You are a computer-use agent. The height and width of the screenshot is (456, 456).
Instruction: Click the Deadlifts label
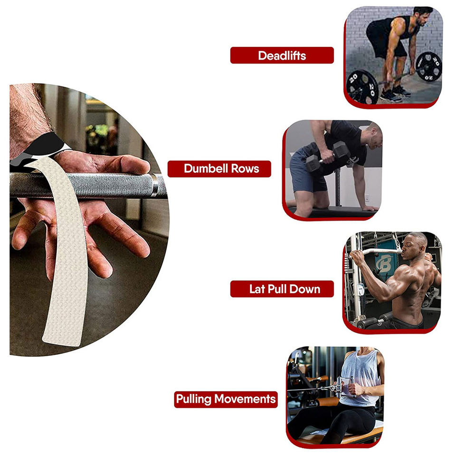[282, 55]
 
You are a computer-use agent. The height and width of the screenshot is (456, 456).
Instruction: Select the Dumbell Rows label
[219, 169]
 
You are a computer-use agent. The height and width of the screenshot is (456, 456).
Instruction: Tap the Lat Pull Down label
[282, 289]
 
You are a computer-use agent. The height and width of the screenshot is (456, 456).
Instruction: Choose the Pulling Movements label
[226, 399]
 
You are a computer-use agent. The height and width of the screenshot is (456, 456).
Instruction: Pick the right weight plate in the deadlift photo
[428, 66]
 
